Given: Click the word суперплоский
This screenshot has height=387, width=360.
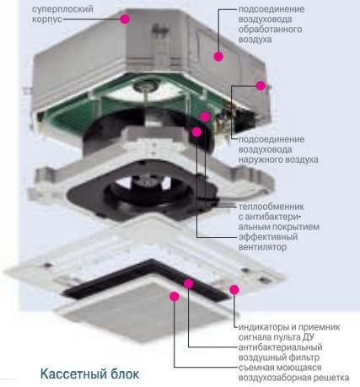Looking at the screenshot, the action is (x=62, y=9).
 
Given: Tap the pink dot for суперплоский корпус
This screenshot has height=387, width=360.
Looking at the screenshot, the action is (x=125, y=19).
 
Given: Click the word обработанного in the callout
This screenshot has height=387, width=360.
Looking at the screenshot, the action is (x=270, y=30).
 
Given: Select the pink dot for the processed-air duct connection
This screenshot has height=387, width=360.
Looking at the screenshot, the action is (x=218, y=56).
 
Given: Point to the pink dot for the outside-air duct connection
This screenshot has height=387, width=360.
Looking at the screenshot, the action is (x=261, y=86).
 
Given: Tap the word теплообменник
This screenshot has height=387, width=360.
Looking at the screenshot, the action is (x=271, y=207).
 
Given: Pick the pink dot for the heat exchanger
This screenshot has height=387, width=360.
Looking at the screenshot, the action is (x=205, y=116).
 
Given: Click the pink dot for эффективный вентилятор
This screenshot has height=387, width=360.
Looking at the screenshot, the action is (x=196, y=132).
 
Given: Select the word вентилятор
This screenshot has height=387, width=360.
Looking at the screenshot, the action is (x=262, y=247).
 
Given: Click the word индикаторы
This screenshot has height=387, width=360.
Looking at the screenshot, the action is (x=264, y=327).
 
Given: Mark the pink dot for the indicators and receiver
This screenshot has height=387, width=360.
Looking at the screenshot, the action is (x=234, y=289).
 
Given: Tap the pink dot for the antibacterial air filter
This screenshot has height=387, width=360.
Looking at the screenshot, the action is (x=189, y=283).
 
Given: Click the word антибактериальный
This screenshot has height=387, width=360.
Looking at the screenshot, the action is (x=280, y=347).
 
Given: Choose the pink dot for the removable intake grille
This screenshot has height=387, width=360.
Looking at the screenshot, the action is (x=175, y=296).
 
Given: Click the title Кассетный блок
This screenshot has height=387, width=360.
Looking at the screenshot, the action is (x=89, y=374).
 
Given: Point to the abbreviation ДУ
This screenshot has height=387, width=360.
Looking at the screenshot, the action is (x=308, y=337).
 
